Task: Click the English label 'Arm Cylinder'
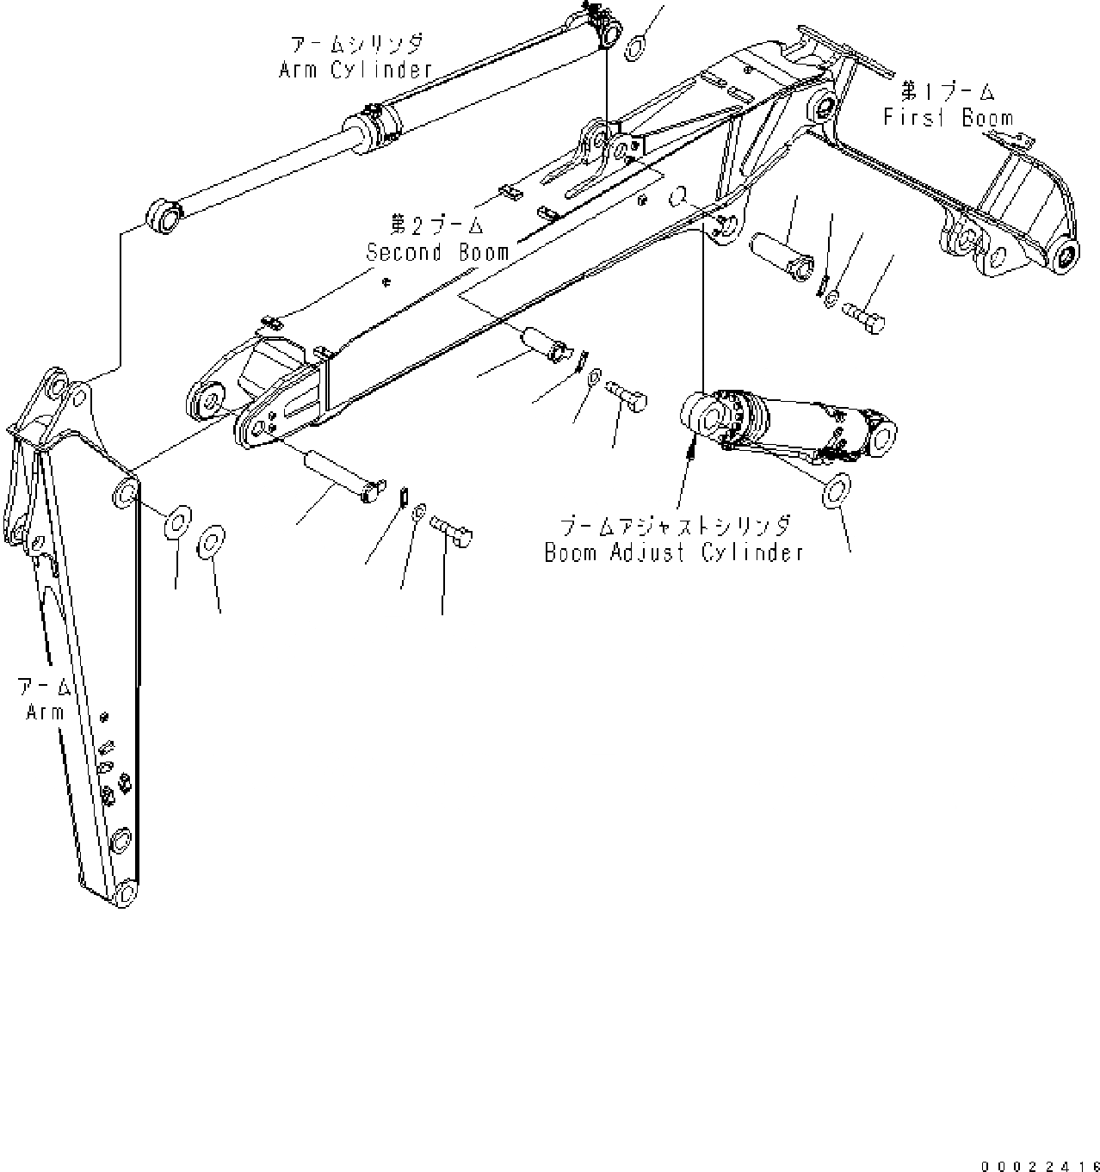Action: (x=355, y=70)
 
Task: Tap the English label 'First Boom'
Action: (x=948, y=117)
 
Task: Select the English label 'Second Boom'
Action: (x=437, y=253)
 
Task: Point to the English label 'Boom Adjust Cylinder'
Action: (x=674, y=552)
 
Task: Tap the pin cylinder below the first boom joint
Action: (x=779, y=256)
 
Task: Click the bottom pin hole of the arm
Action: (x=126, y=892)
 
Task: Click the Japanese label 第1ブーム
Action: (x=948, y=91)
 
